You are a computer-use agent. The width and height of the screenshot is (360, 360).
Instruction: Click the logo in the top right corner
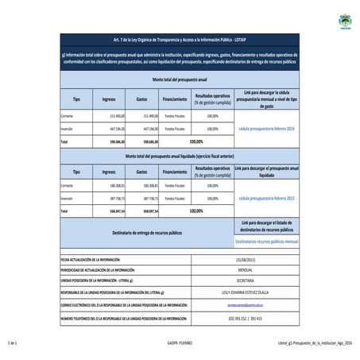coord(346,18)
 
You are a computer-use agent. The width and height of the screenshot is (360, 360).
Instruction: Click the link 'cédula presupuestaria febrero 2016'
coord(266,128)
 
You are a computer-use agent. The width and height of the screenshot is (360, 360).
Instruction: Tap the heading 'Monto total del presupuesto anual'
coord(179,80)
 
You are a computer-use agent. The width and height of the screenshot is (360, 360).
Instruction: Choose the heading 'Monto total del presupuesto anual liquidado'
coord(179,157)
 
